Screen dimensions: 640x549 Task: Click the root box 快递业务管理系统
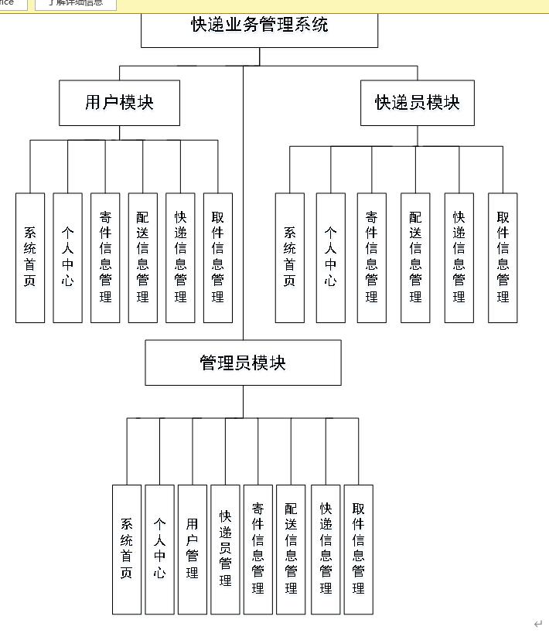[259, 26]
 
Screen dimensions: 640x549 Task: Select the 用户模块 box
[119, 103]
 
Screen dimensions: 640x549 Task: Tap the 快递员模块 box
[417, 103]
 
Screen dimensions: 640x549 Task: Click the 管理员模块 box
[243, 363]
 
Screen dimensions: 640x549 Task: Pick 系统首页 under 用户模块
[30, 257]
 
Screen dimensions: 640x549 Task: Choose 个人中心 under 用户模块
[68, 257]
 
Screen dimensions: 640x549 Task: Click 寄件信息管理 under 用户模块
[105, 257]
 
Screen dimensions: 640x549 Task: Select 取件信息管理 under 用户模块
[218, 257]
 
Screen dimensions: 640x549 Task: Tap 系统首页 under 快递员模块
[290, 257]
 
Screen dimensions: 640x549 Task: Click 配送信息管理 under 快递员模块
[415, 257]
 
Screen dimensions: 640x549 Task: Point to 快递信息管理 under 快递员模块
[459, 257]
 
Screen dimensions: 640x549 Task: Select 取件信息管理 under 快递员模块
[503, 257]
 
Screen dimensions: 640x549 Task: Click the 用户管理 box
[193, 550]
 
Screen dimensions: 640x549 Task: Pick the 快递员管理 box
[225, 550]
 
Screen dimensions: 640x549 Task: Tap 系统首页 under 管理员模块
[127, 550]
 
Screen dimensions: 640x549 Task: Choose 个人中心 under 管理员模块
[159, 550]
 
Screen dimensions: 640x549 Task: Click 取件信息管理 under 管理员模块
[358, 550]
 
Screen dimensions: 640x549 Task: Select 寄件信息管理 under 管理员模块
[258, 550]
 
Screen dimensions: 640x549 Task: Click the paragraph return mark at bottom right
[538, 624]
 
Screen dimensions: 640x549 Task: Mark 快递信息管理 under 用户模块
[180, 257]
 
